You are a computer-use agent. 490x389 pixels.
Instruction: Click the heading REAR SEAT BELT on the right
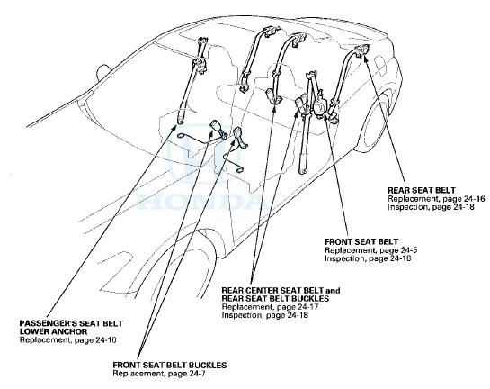pos(422,190)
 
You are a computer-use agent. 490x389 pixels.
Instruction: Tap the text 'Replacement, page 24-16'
pos(436,199)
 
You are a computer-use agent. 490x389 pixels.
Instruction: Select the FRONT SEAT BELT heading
pos(361,242)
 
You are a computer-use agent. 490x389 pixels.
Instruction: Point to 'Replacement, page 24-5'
pos(371,250)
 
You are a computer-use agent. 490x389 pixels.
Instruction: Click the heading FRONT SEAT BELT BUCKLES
pos(170,366)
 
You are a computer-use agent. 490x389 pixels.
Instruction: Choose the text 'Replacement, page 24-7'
pos(159,374)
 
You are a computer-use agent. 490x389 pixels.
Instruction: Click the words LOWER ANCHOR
pos(53,331)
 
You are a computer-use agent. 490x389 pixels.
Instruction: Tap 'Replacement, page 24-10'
pos(67,339)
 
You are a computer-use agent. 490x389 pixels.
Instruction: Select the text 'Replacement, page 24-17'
pos(270,307)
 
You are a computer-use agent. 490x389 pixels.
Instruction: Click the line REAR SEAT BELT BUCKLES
pos(275,299)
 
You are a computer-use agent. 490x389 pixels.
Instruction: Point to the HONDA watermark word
pos(199,201)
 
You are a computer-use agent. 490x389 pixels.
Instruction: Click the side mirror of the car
pos(103,73)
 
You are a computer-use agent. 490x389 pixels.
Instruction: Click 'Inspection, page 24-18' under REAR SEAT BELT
pos(432,207)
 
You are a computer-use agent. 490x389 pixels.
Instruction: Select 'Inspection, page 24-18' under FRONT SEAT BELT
pos(368,258)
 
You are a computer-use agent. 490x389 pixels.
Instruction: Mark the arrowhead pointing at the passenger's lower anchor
pos(175,127)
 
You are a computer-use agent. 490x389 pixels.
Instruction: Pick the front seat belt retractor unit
pos(320,106)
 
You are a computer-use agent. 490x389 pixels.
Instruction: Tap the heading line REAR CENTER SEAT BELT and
pos(281,290)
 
